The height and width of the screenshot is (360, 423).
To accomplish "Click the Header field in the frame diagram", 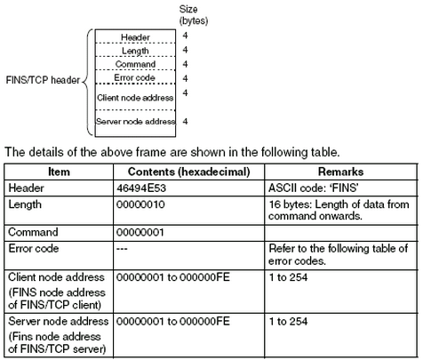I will pos(136,37).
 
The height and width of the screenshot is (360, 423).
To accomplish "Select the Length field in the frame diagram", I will pos(136,51).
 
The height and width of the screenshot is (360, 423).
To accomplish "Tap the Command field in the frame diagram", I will pos(136,64).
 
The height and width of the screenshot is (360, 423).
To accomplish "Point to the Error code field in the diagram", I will pos(136,77).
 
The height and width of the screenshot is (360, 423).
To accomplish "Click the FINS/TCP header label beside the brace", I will pos(43,81).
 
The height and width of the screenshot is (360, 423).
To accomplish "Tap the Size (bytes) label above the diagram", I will pos(193,12).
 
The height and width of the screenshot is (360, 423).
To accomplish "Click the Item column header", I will pos(56,172).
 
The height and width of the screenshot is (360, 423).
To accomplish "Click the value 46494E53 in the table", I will pos(144,188).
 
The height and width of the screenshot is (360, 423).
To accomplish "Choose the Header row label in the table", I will pos(25,188).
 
